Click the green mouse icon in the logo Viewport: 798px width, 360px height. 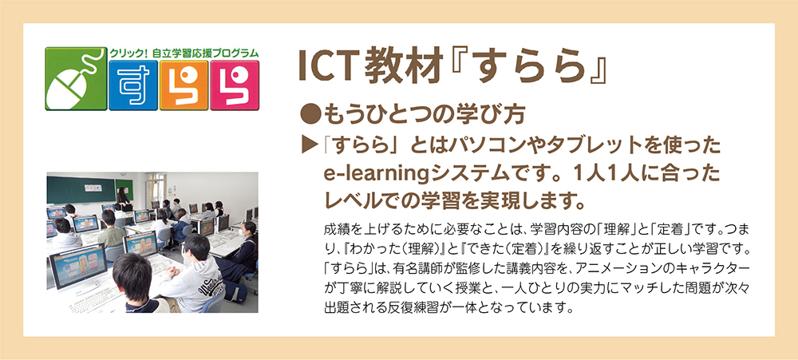[75, 79]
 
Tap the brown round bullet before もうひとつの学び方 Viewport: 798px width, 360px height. [309, 116]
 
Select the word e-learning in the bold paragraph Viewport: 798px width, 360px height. [376, 175]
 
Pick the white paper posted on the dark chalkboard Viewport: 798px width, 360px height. [93, 188]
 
